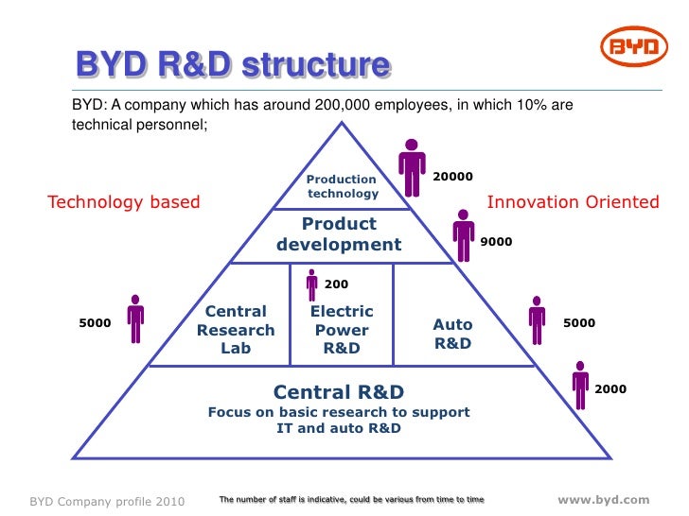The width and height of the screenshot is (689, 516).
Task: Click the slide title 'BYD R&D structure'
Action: [233, 65]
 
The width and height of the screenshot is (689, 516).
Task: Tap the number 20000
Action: [452, 177]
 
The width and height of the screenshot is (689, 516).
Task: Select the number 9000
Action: [496, 242]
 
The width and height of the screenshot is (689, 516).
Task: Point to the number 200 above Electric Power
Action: [336, 284]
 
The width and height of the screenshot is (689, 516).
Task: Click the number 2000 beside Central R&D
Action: [609, 388]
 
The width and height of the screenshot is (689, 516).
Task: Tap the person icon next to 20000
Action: [412, 168]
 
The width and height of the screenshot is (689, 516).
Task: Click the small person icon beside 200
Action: [311, 284]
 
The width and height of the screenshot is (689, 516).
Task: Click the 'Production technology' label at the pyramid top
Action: [342, 186]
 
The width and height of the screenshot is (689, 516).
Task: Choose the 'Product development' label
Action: [339, 234]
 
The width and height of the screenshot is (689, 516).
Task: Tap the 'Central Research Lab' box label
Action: [236, 330]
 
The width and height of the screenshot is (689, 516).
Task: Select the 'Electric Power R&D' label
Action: [342, 330]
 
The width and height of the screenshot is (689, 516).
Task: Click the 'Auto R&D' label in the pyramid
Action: [452, 335]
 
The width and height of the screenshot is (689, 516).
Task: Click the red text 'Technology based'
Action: [124, 201]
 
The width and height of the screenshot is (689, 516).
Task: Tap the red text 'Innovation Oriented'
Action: [573, 201]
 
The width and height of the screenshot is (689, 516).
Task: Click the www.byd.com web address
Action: [604, 499]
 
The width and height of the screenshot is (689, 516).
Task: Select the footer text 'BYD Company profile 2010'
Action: [107, 500]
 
